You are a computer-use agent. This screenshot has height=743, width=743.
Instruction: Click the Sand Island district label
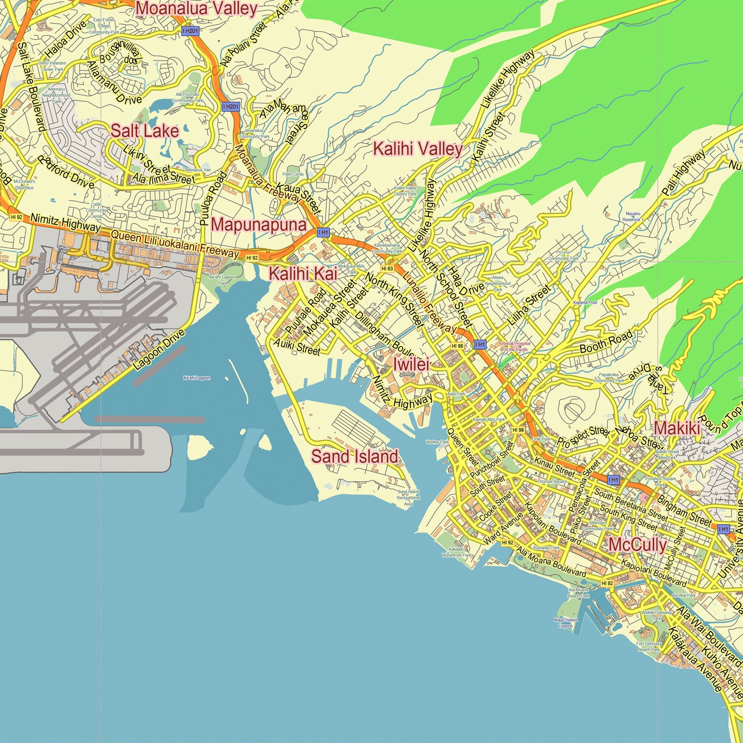(355, 456)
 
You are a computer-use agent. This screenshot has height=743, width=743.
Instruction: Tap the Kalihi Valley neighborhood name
(417, 149)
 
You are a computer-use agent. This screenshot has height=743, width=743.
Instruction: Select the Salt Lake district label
(145, 131)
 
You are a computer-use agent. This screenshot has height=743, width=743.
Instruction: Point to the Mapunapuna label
(259, 225)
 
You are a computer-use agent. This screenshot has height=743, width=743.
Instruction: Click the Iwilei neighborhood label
(411, 364)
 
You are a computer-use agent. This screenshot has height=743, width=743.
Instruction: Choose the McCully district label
(637, 545)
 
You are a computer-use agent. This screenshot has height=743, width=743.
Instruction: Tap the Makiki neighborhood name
(677, 428)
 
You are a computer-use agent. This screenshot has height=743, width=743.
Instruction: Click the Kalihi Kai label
(303, 274)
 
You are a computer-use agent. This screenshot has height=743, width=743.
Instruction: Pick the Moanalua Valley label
(197, 8)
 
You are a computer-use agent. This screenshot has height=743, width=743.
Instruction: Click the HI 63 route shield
(387, 269)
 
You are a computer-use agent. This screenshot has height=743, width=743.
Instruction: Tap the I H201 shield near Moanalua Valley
(190, 31)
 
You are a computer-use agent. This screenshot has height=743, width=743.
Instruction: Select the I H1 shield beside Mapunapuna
(323, 232)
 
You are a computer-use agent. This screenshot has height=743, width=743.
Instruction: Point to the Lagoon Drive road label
(159, 350)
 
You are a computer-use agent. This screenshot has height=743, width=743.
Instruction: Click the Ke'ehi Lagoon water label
(197, 378)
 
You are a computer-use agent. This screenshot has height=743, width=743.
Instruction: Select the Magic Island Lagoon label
(565, 623)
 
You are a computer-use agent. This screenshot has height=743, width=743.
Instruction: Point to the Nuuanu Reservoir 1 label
(633, 217)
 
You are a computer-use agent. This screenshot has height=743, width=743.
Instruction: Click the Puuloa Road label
(213, 199)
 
